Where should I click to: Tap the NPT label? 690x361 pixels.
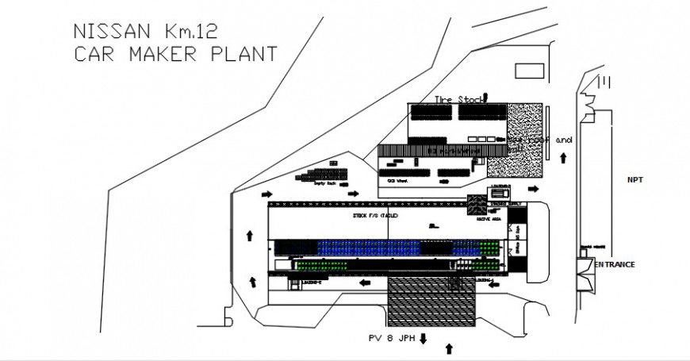(x=634, y=180)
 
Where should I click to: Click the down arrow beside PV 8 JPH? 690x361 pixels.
(x=424, y=339)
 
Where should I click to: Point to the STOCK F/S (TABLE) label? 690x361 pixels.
(x=374, y=216)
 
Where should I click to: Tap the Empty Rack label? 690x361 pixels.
(x=325, y=183)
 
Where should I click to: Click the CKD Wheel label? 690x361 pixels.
(x=397, y=181)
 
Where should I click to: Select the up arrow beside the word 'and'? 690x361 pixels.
(x=563, y=158)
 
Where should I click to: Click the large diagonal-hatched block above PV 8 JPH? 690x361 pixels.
(x=431, y=301)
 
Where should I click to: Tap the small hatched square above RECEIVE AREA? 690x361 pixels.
(x=476, y=204)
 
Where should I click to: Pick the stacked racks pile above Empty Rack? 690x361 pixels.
(x=324, y=171)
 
